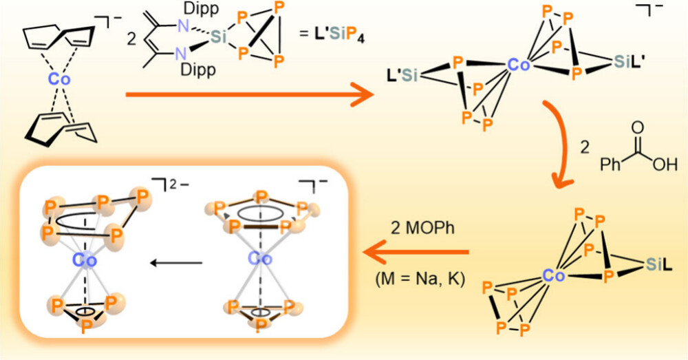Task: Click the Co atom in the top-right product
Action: click(517, 65)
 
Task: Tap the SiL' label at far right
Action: click(629, 63)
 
